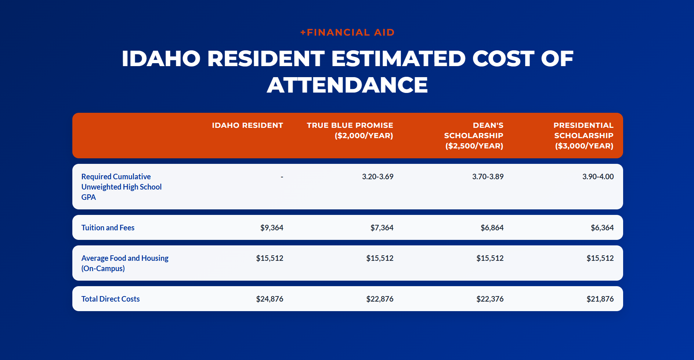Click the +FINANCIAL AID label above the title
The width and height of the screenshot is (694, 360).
347,32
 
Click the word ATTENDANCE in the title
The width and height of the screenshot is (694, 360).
347,85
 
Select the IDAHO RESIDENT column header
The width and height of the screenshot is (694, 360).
247,125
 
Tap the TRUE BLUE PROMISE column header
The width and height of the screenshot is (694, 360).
350,130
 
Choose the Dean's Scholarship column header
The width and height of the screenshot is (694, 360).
474,136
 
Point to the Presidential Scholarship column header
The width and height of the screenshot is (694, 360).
583,136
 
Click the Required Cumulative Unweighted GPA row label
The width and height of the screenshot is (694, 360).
122,187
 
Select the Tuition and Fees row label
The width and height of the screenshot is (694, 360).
108,228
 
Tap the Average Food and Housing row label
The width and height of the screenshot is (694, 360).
125,263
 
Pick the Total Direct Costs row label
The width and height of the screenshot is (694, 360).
111,299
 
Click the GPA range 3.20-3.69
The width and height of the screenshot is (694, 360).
378,177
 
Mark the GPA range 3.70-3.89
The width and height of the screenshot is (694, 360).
488,177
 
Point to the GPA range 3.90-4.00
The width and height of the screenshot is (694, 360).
598,177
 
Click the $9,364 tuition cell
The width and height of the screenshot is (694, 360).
272,228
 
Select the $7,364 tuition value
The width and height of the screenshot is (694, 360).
382,228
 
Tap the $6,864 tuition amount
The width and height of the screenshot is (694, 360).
492,228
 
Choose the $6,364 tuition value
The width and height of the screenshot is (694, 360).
602,228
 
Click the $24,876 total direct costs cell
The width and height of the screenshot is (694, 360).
270,299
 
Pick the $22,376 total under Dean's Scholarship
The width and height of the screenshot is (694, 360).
490,299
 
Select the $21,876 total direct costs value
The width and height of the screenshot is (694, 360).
600,299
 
